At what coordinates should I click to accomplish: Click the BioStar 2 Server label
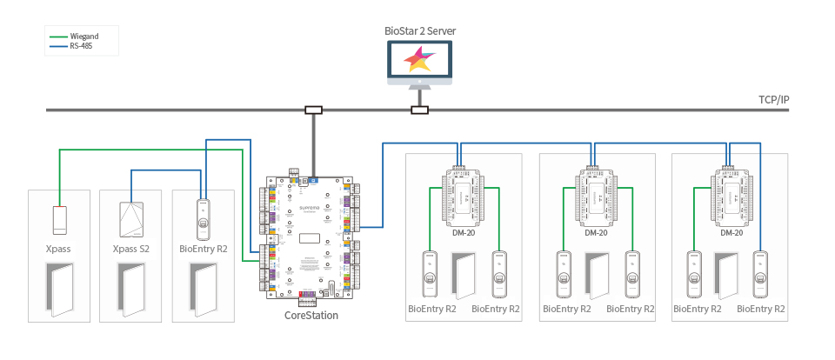tap(420, 31)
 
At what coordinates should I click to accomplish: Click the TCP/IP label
tap(772, 100)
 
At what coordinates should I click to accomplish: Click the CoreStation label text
tap(311, 316)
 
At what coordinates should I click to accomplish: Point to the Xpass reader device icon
tap(59, 219)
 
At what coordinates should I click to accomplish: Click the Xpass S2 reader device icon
tap(130, 220)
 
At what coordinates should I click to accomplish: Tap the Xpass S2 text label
tap(131, 249)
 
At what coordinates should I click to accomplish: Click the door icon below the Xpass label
tap(60, 289)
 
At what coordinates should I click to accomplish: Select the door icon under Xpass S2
tap(131, 289)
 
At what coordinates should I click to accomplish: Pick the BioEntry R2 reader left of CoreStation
tap(203, 219)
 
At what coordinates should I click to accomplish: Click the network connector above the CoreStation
tap(312, 110)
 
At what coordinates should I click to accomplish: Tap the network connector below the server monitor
tap(419, 110)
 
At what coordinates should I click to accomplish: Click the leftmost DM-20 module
tap(463, 196)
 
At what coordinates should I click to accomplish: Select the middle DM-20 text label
tap(596, 233)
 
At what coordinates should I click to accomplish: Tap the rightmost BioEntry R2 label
tap(762, 309)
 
